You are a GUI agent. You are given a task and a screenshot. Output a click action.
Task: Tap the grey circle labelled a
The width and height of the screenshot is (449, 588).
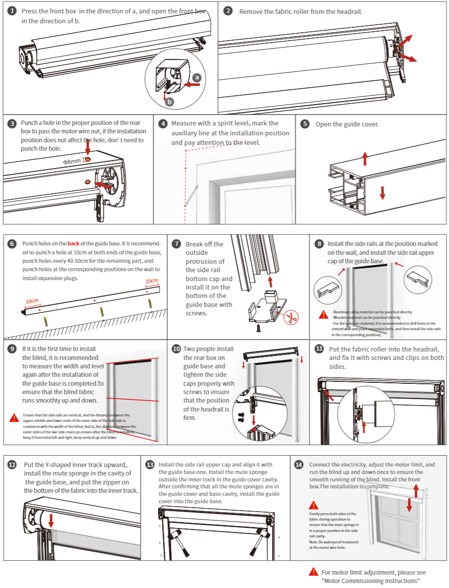[197, 77]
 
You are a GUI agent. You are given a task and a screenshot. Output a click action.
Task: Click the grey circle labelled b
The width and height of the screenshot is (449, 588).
[170, 102]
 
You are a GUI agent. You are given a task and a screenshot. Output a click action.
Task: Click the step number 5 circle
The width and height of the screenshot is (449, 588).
[305, 123]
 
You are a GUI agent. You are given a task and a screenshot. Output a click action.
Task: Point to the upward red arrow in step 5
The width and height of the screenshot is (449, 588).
[365, 158]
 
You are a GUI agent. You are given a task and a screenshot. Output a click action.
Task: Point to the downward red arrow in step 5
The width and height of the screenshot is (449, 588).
[382, 192]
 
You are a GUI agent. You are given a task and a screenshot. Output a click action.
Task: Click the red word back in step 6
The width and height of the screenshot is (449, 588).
[73, 243]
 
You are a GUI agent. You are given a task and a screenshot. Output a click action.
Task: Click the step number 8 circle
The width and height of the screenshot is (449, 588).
[319, 243]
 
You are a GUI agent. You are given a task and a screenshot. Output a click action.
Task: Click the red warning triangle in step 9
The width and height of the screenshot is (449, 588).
[14, 417]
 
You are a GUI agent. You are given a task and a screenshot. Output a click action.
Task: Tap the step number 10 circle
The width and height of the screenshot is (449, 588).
[176, 349]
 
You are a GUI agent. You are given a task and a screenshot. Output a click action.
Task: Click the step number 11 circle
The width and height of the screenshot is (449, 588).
[319, 349]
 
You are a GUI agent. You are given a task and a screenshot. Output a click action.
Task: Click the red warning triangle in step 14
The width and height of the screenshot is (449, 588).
[313, 505]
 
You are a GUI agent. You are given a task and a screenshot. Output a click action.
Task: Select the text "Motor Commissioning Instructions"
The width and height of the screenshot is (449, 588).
[371, 581]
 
